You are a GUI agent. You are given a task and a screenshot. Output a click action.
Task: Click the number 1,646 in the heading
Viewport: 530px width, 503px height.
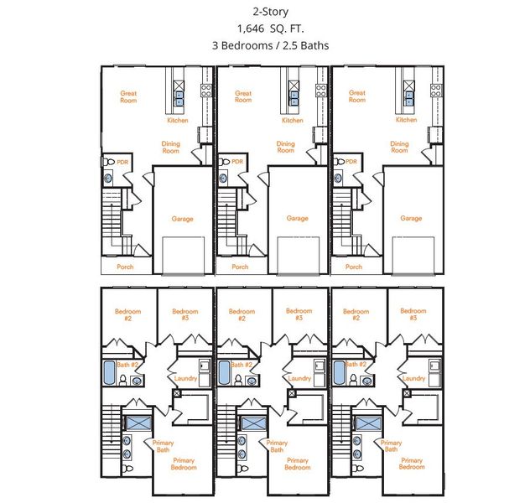[251, 29]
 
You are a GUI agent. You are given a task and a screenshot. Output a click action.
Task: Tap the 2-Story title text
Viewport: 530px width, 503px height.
[270, 12]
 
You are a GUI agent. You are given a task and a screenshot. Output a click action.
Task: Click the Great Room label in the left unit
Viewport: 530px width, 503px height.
[128, 96]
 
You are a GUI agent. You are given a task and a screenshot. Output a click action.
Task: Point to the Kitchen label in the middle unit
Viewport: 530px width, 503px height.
[293, 120]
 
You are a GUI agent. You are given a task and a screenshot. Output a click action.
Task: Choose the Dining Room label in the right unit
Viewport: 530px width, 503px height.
[399, 147]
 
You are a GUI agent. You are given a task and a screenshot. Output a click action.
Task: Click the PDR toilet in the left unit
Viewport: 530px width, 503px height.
[109, 162]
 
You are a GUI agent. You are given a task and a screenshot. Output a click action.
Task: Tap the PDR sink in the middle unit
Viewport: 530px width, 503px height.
[223, 178]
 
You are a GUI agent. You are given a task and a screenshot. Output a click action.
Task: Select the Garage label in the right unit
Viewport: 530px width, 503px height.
[411, 218]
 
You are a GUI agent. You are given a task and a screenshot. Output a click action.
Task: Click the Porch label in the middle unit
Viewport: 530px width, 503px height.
[240, 267]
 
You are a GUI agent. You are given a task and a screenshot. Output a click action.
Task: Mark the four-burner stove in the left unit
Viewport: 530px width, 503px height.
[206, 91]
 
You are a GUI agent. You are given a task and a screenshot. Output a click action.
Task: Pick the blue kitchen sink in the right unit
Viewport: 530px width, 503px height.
[409, 98]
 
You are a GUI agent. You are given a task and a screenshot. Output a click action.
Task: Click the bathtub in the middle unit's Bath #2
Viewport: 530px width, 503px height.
[223, 372]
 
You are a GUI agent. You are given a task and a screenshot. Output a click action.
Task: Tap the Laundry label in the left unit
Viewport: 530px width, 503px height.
[185, 378]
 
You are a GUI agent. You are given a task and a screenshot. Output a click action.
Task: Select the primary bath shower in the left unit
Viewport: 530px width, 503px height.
[138, 423]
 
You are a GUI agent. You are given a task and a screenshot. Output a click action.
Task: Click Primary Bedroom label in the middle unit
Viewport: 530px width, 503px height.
[298, 464]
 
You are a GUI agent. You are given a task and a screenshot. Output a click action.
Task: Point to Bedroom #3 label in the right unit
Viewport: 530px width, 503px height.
[413, 314]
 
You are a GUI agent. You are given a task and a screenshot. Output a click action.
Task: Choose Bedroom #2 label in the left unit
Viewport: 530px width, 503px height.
[127, 315]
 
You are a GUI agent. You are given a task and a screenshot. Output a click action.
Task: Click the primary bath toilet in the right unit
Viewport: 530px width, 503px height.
[358, 468]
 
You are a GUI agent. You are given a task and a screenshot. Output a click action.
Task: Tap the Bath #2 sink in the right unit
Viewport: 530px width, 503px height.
[367, 381]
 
